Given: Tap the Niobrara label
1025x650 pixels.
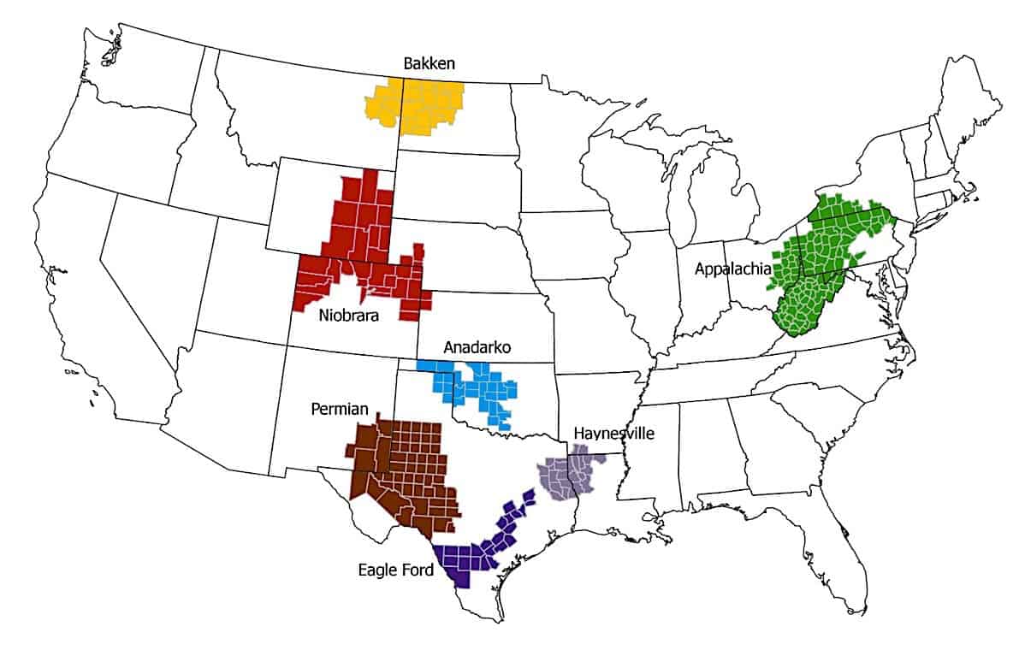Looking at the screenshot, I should pos(349,316).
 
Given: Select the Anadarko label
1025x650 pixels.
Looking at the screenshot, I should pos(477,348).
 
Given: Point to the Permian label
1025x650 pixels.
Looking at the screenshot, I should pos(340,410).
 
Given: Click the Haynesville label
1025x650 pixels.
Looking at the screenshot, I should pos(613,434).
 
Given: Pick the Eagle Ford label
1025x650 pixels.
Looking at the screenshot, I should pos(396,569).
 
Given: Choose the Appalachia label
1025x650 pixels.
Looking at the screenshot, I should pos(732,269).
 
